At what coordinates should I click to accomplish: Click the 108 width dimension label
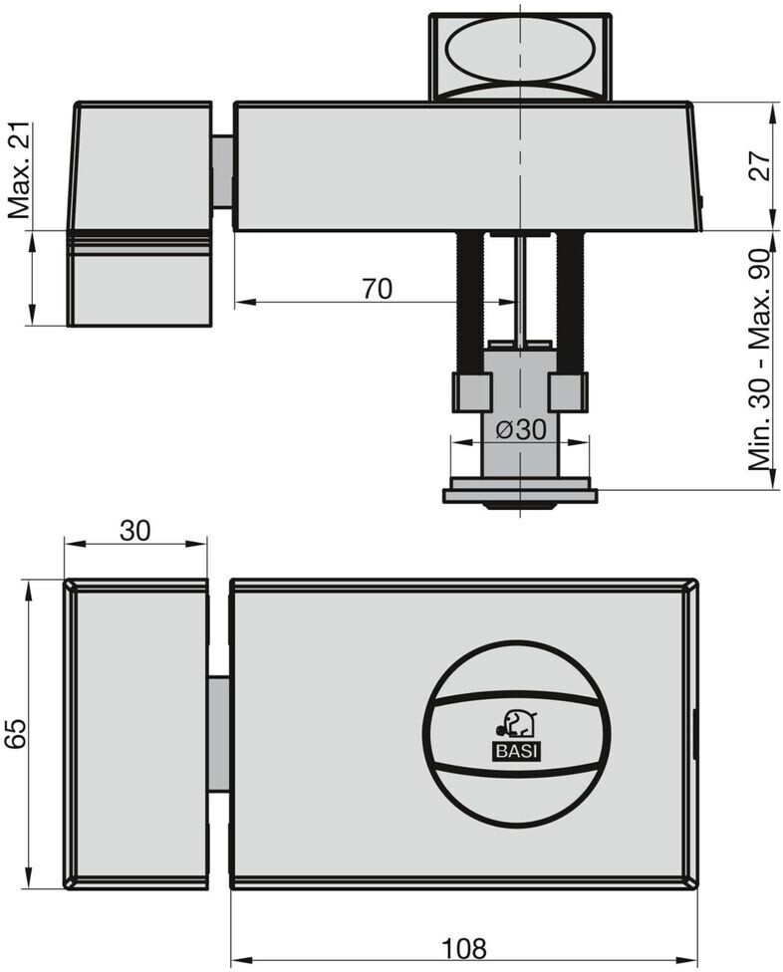[464, 948]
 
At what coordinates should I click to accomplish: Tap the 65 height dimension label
[15, 734]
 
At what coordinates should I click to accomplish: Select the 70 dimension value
[377, 289]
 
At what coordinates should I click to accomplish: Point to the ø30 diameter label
[522, 429]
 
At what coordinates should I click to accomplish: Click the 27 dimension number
[760, 165]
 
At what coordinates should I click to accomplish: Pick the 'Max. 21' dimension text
[19, 170]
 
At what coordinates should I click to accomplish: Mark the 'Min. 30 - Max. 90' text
[759, 361]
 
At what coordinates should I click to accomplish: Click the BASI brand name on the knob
[517, 752]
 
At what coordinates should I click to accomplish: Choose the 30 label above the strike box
[134, 531]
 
